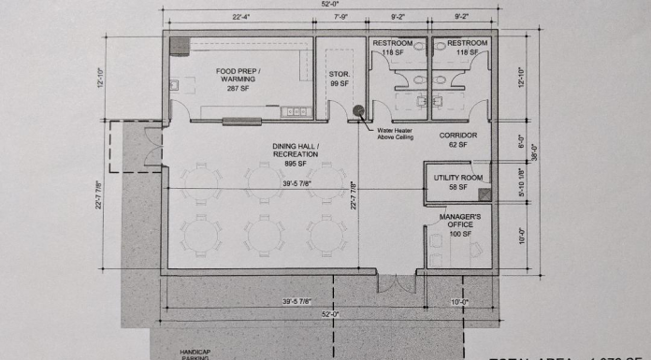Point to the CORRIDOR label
tap(458, 136)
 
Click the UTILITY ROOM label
tap(457, 178)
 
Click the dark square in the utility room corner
tap(484, 194)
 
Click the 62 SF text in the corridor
tap(458, 146)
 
